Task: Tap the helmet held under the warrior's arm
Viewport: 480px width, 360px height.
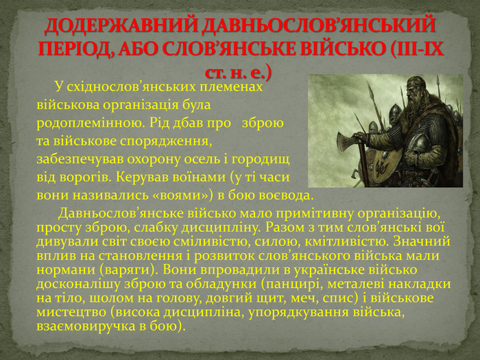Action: [420, 144]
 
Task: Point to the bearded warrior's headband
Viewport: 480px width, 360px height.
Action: [417, 83]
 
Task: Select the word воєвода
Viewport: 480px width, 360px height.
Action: [286, 195]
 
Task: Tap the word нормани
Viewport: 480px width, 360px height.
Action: [66, 270]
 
